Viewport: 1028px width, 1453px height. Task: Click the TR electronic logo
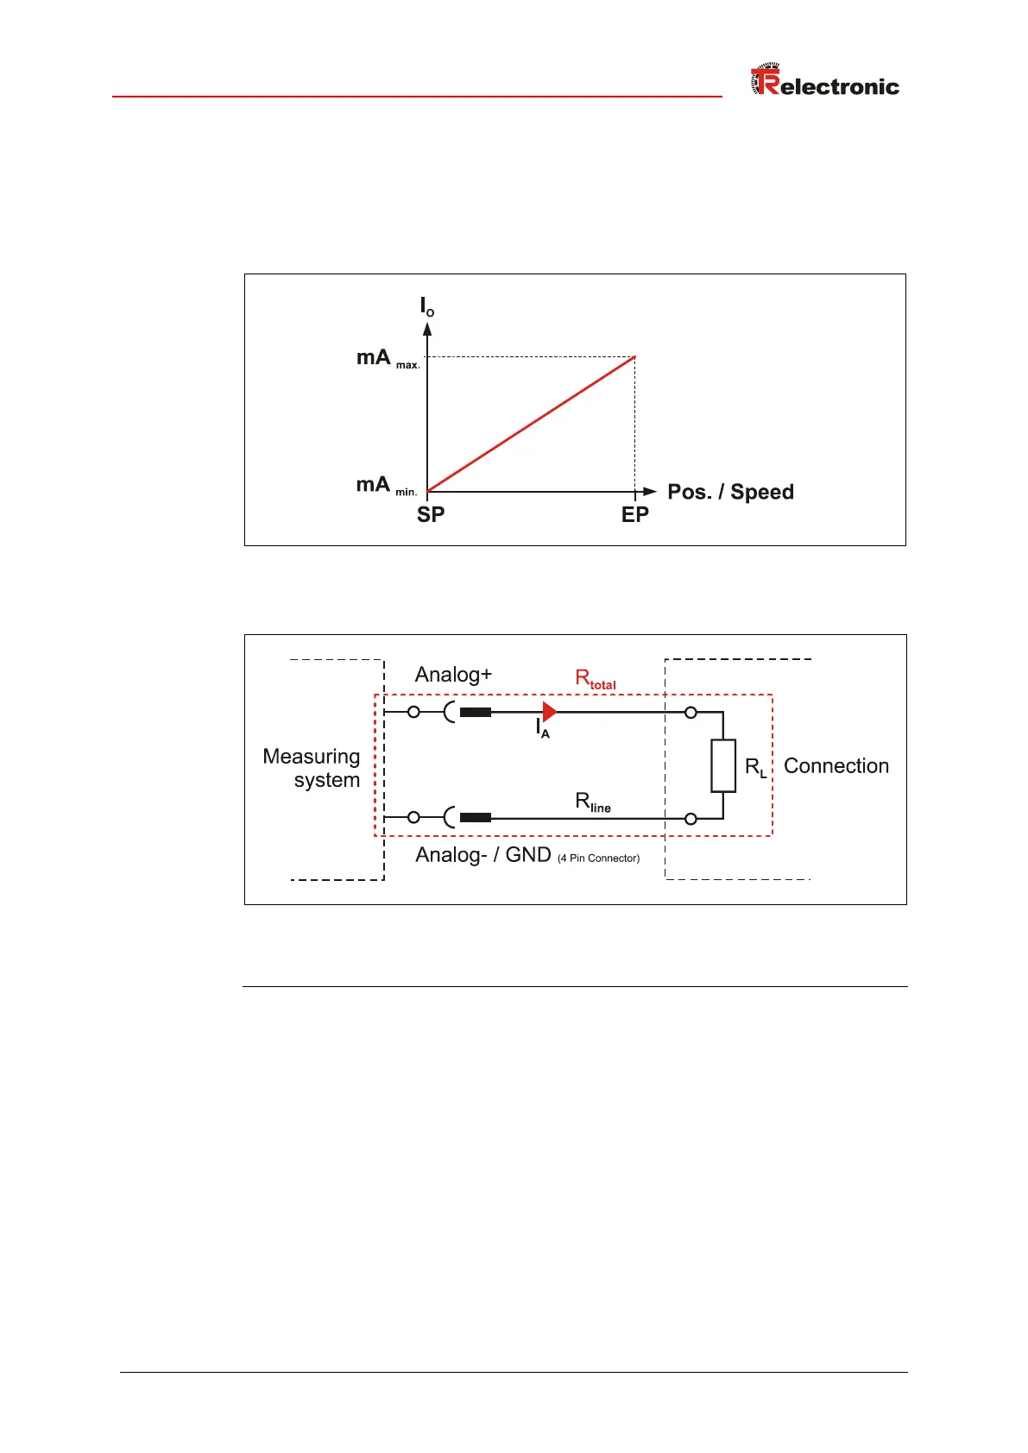pos(824,81)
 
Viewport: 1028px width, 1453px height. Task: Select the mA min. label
pos(386,486)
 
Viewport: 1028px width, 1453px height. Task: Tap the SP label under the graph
pos(431,515)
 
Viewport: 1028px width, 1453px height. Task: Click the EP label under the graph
pos(634,515)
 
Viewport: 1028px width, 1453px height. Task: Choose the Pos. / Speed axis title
pos(730,492)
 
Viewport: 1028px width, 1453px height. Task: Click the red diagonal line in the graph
pos(531,425)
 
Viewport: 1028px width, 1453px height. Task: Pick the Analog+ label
pos(453,675)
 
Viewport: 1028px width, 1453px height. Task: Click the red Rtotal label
pos(595,679)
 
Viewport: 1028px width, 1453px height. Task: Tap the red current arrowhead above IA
pos(549,712)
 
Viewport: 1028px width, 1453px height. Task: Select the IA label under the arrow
pos(542,729)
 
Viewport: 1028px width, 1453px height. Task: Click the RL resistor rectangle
pos(723,765)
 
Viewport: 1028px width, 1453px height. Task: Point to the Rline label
pos(592,802)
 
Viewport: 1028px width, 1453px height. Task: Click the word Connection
pos(836,766)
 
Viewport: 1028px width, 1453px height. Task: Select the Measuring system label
pos(312,768)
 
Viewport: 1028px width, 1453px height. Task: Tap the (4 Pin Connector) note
pos(598,859)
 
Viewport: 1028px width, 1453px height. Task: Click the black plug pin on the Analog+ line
pos(476,713)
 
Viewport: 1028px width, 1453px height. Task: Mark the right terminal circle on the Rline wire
pos(691,819)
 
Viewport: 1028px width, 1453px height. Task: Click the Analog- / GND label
pos(482,855)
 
